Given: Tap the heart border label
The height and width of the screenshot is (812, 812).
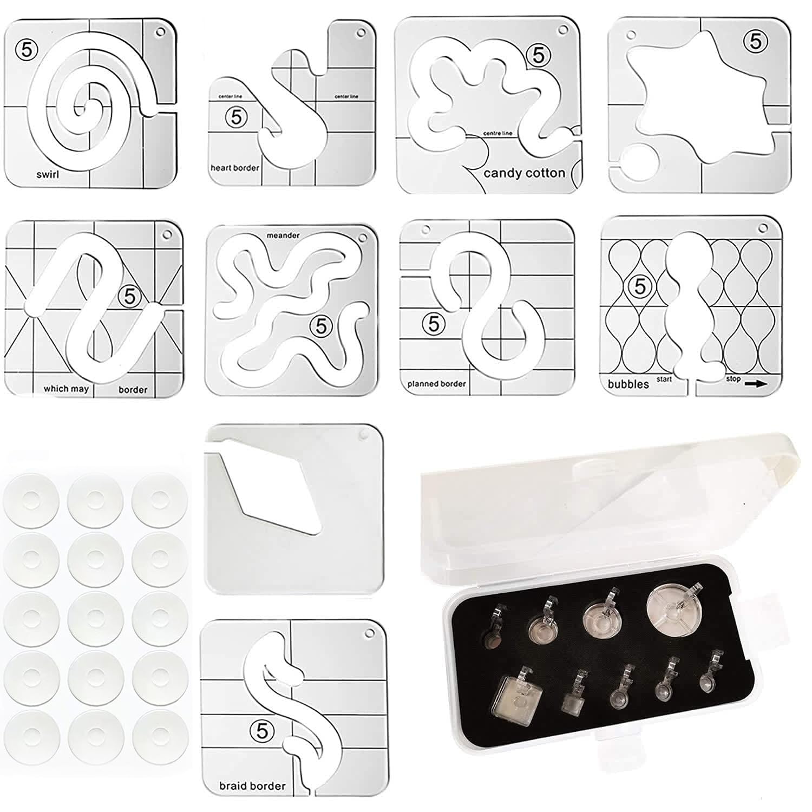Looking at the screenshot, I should click(x=234, y=168).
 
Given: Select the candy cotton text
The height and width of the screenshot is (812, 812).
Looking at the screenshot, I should click(x=524, y=173).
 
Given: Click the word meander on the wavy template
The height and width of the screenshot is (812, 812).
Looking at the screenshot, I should click(x=283, y=235).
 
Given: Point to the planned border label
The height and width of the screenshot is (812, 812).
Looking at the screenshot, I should click(x=436, y=384).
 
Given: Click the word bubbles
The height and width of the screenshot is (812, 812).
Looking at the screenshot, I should click(x=628, y=384).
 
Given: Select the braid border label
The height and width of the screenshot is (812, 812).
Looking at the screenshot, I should click(x=252, y=785).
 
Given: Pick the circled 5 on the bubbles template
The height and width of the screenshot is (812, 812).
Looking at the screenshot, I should click(x=640, y=286).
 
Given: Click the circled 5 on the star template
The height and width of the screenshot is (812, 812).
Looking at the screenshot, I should click(x=756, y=41).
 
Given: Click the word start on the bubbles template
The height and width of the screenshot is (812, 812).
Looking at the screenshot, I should click(x=664, y=379).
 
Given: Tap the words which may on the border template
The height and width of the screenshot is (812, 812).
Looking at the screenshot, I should click(x=66, y=389).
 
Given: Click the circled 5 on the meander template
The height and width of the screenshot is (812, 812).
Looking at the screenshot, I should click(x=322, y=326).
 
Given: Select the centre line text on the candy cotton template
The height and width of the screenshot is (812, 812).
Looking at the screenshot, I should click(x=497, y=133).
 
